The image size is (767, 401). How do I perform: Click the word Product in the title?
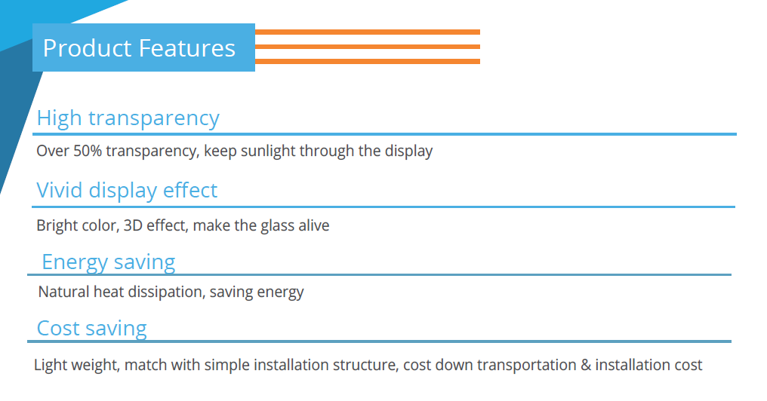tap(87, 48)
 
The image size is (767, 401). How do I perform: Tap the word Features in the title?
tap(187, 48)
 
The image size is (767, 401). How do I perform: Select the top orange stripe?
tap(368, 32)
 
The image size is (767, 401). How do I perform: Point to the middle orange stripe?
tap(368, 47)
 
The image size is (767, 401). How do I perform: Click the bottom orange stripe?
tap(368, 61)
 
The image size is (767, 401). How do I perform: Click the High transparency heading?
tap(128, 118)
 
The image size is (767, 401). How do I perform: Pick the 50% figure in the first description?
tap(88, 151)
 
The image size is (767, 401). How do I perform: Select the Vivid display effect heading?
tap(127, 191)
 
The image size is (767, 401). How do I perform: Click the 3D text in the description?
tap(133, 225)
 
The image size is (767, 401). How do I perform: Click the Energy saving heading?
tap(109, 262)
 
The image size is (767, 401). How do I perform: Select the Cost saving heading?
tap(92, 329)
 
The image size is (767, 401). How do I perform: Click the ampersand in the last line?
tap(586, 365)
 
